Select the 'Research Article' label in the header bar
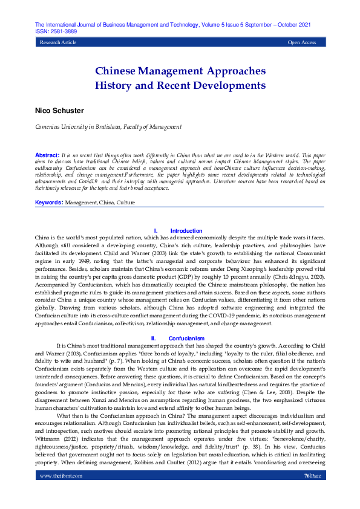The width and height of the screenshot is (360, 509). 58,43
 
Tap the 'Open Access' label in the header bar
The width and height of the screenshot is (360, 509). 302,43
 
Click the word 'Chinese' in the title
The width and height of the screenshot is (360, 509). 119,71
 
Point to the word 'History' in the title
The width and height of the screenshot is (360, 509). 116,85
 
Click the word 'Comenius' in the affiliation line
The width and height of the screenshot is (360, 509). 32,127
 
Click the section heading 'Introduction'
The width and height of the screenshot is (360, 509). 186,231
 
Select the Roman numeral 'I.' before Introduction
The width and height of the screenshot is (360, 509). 156,231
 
